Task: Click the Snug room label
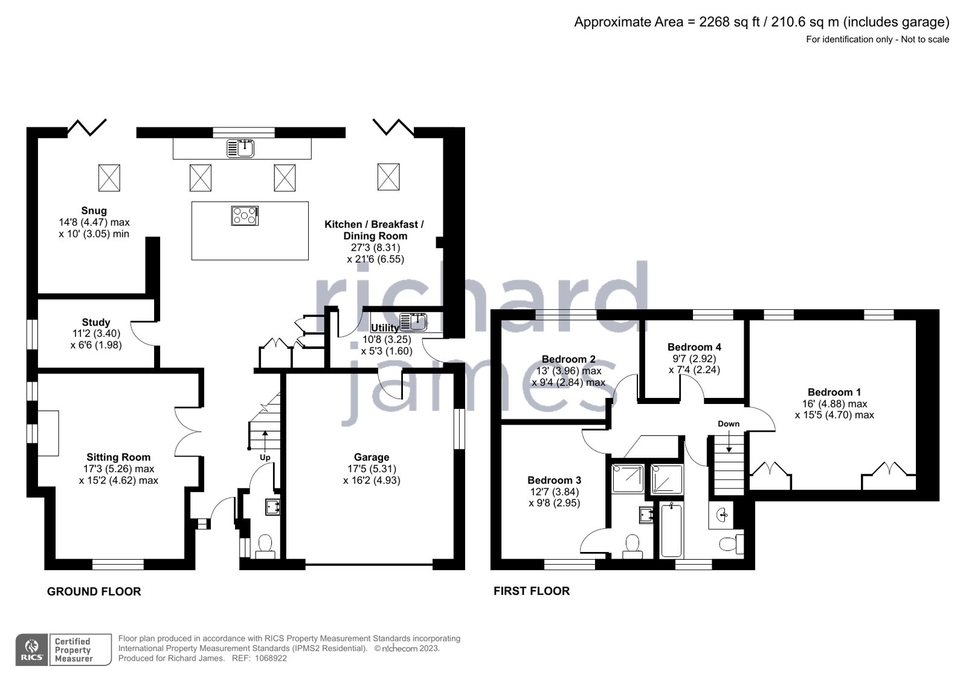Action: tap(94, 211)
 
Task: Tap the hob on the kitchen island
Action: tap(245, 216)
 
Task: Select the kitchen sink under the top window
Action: tap(240, 148)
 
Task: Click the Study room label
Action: tap(96, 322)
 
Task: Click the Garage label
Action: tap(372, 457)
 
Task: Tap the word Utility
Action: tap(385, 328)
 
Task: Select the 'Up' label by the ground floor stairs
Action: tap(265, 457)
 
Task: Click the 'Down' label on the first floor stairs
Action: tap(729, 423)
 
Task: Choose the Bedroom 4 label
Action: tap(694, 347)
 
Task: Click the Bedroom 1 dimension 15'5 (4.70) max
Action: tap(834, 415)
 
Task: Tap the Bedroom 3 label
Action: tap(554, 480)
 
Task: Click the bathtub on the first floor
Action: tap(671, 530)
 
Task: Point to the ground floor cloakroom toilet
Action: tap(265, 545)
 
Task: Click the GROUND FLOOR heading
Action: tap(94, 592)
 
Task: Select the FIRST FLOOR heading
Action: tap(532, 591)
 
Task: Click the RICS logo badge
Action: tap(31, 650)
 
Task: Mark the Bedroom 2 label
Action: tap(568, 359)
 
